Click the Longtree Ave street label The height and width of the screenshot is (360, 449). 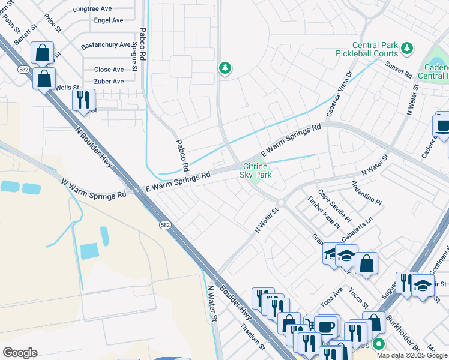[92, 10]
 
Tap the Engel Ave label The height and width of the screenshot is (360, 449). [109, 20]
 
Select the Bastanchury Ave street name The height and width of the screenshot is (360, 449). [105, 45]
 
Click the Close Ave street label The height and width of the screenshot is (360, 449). [109, 70]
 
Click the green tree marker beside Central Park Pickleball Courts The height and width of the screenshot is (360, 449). [407, 47]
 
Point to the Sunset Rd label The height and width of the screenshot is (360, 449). [398, 70]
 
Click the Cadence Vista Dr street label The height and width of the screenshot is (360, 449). [339, 95]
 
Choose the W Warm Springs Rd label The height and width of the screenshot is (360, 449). [93, 187]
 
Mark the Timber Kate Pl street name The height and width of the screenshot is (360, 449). [324, 212]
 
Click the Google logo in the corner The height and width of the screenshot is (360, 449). [20, 353]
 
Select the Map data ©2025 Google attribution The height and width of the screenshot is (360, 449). [411, 355]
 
